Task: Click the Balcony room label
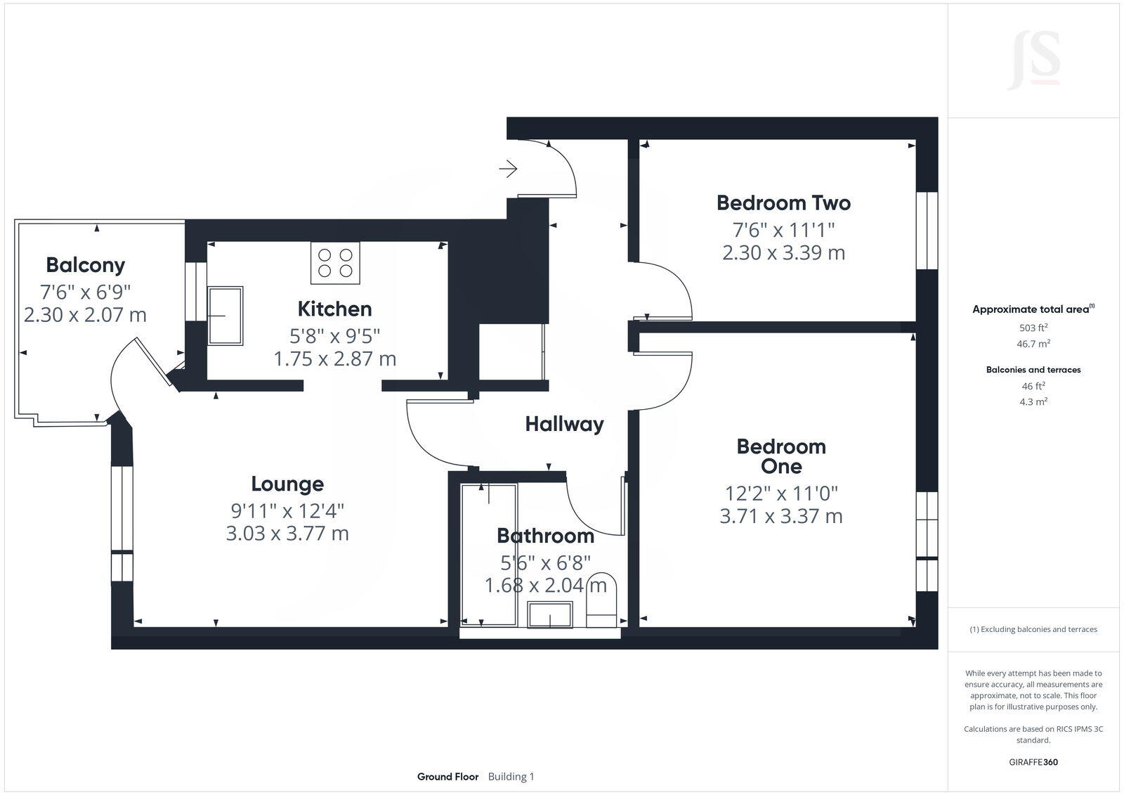point(85,265)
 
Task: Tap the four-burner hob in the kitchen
point(335,263)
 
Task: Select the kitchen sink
point(226,316)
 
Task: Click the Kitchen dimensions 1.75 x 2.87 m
point(334,359)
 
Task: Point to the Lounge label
point(287,484)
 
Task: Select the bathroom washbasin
point(550,615)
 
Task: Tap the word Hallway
point(564,424)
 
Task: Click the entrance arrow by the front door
point(508,169)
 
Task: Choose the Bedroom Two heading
point(783,203)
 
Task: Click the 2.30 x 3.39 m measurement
point(783,252)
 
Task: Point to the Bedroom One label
point(781,456)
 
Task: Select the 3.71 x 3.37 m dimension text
point(781,516)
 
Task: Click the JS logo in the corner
point(1033,60)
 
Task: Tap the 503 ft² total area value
point(1033,328)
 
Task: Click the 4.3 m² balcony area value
point(1033,402)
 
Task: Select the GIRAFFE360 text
point(1033,762)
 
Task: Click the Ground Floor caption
point(447,777)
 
